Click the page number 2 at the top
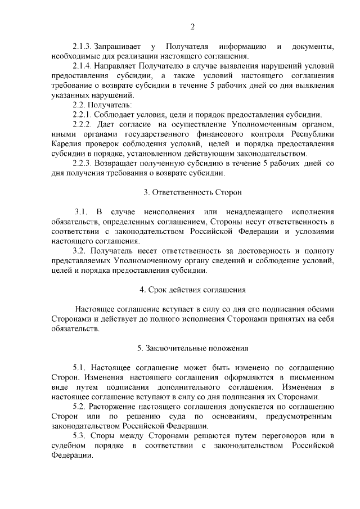click(192, 26)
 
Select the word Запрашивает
click(118, 46)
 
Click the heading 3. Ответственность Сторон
click(192, 192)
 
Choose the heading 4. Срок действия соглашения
click(192, 290)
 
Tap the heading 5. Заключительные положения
click(192, 348)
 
